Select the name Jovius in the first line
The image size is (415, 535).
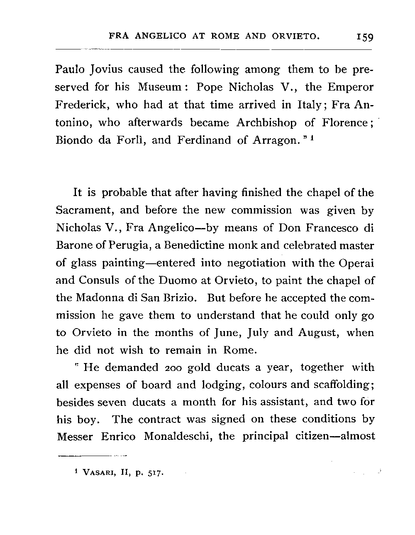click(103, 69)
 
